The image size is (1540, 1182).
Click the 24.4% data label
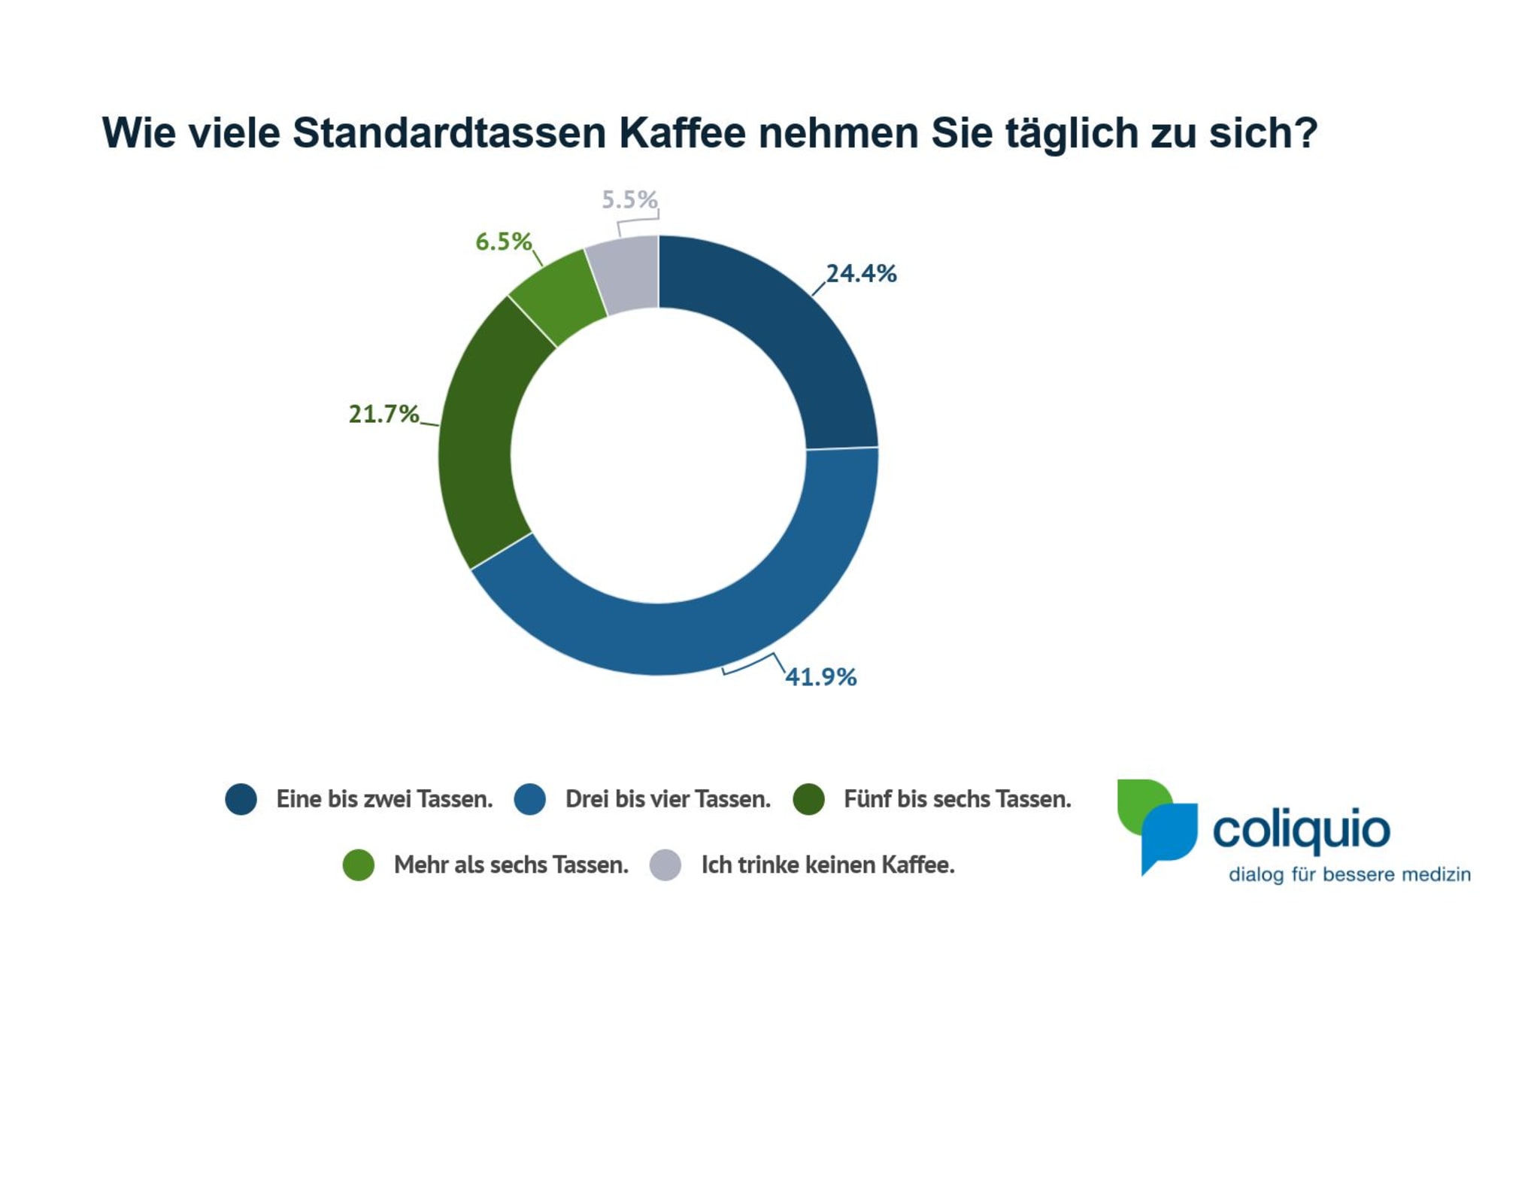[861, 273]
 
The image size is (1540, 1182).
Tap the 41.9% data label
[820, 676]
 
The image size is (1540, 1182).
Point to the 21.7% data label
[383, 414]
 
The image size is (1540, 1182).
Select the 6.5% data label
[503, 242]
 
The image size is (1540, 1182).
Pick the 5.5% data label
[629, 199]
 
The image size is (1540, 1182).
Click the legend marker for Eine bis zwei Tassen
[241, 798]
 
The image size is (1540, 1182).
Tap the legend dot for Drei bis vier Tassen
[530, 798]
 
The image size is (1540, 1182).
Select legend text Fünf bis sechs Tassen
[957, 798]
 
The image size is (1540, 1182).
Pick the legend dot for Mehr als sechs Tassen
[359, 864]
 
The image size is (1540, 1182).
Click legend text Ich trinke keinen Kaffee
[828, 864]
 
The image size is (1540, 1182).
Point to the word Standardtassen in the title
[449, 133]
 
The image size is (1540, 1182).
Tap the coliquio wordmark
[1301, 830]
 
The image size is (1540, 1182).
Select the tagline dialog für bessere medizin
[1349, 874]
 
